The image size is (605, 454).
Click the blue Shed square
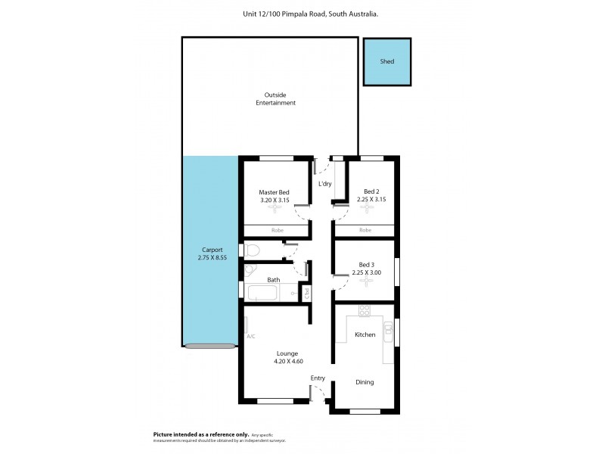pyautogui.click(x=388, y=61)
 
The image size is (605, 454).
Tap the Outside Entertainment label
pyautogui.click(x=275, y=98)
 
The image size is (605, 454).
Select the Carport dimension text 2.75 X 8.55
pyautogui.click(x=211, y=257)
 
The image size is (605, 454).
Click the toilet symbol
pyautogui.click(x=252, y=250)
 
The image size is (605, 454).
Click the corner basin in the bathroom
pyautogui.click(x=250, y=272)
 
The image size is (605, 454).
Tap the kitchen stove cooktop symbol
pyautogui.click(x=365, y=310)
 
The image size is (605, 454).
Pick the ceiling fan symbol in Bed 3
pyautogui.click(x=365, y=283)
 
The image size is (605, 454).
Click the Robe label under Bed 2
pyautogui.click(x=365, y=230)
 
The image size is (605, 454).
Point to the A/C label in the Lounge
pyautogui.click(x=250, y=337)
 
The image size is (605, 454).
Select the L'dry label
pyautogui.click(x=325, y=184)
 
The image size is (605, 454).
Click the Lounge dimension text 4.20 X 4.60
pyautogui.click(x=287, y=362)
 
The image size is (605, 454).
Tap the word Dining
pyautogui.click(x=365, y=382)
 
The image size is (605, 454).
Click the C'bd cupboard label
pyautogui.click(x=307, y=292)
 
